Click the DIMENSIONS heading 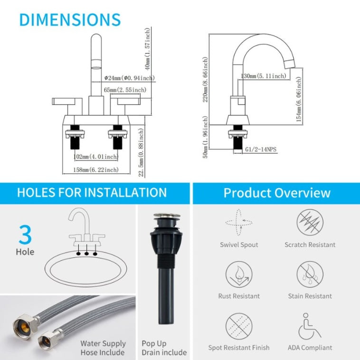point(70,19)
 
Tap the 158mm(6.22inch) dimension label point(97,170)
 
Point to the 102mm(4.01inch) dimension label point(97,156)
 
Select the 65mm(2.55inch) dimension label point(124,90)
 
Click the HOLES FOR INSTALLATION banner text point(92,192)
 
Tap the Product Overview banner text point(277,193)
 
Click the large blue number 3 point(25,235)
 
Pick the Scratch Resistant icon point(310,222)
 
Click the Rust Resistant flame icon point(239,274)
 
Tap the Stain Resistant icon point(310,274)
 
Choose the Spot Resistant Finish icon point(239,326)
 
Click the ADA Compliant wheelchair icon point(310,326)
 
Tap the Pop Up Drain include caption point(164,348)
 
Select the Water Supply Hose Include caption point(103,348)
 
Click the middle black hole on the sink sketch point(87,253)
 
